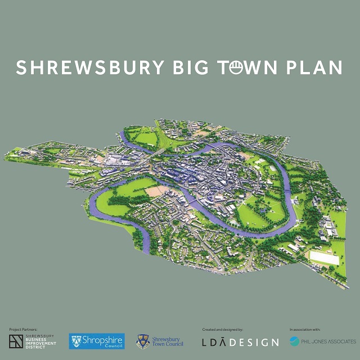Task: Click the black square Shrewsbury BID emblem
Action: [x=16, y=341]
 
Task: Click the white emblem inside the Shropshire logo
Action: [x=76, y=341]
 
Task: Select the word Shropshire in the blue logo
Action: [x=101, y=340]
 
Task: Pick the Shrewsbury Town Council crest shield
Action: [x=143, y=341]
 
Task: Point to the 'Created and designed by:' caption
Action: [x=222, y=329]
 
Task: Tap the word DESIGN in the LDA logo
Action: [x=256, y=342]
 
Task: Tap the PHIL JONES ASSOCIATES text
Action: [x=329, y=341]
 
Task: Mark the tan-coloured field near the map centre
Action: [x=155, y=191]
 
